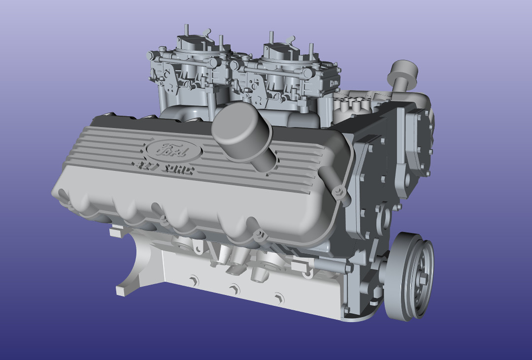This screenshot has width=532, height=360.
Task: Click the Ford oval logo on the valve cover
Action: coord(172,150)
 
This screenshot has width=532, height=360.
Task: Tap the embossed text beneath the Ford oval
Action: coord(163,169)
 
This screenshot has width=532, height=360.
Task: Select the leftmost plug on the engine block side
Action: coord(193,280)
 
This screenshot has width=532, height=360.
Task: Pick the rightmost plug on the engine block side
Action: coord(279,297)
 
